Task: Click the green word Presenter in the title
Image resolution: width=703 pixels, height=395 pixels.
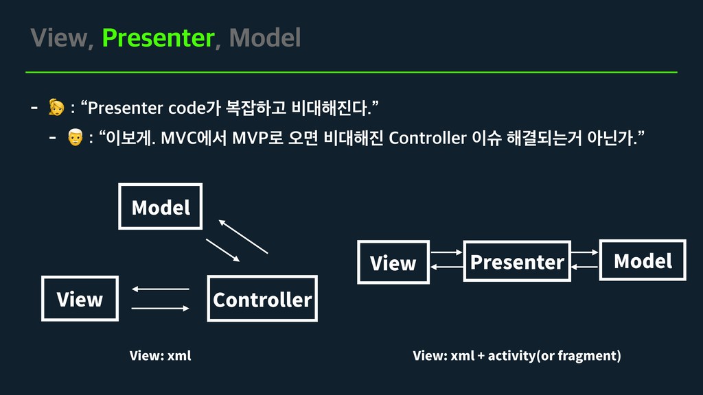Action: pyautogui.click(x=158, y=38)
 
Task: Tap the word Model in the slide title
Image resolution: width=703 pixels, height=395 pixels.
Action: pyautogui.click(x=265, y=38)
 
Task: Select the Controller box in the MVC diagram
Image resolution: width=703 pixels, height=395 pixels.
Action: pyautogui.click(x=262, y=299)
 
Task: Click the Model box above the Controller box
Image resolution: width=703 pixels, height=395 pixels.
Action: pyautogui.click(x=161, y=206)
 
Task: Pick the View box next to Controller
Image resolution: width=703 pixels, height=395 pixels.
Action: pyautogui.click(x=80, y=299)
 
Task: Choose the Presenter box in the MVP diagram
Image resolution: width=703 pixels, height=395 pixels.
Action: pyautogui.click(x=517, y=261)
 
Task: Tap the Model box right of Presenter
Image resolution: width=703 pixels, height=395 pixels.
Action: pyautogui.click(x=643, y=261)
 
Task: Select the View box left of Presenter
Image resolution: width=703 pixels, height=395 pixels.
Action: pyautogui.click(x=393, y=263)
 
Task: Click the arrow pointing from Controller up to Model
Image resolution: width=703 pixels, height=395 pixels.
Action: pyautogui.click(x=242, y=237)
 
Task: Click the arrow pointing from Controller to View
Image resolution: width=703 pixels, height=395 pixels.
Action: pyautogui.click(x=160, y=289)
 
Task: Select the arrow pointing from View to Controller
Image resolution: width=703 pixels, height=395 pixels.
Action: pyautogui.click(x=160, y=309)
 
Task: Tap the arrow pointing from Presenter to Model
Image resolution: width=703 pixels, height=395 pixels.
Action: pyautogui.click(x=585, y=252)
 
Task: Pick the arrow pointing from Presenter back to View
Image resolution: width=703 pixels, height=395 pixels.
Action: pyautogui.click(x=446, y=267)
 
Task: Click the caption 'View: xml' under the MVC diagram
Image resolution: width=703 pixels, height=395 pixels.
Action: pyautogui.click(x=161, y=355)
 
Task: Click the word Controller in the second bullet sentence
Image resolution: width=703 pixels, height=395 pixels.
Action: pyautogui.click(x=427, y=138)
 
